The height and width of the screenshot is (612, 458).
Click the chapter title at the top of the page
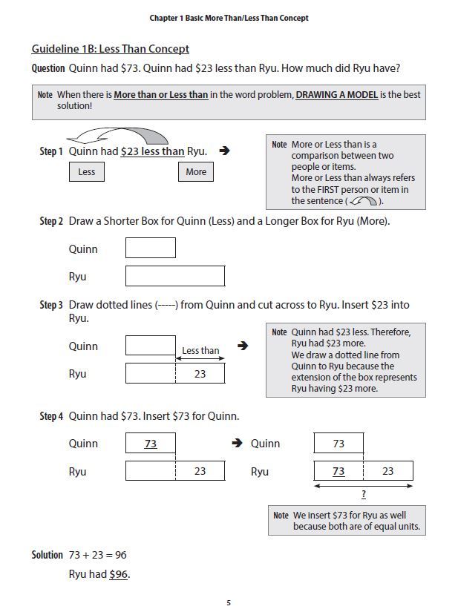pyautogui.click(x=229, y=18)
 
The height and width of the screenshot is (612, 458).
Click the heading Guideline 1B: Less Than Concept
pyautogui.click(x=110, y=49)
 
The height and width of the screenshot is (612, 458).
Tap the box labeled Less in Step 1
pyautogui.click(x=87, y=172)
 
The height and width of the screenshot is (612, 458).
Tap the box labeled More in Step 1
pyautogui.click(x=196, y=172)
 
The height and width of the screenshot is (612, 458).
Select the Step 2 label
pyautogui.click(x=51, y=221)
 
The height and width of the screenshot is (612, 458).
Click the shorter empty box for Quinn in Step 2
pyautogui.click(x=151, y=249)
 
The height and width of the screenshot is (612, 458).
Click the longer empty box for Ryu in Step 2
pyautogui.click(x=175, y=276)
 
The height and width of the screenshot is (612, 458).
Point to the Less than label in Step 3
pyautogui.click(x=200, y=351)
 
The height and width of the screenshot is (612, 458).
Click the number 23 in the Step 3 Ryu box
pyautogui.click(x=200, y=374)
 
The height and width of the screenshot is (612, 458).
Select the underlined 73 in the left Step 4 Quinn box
pyautogui.click(x=151, y=444)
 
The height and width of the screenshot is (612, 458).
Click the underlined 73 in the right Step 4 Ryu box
pyautogui.click(x=338, y=471)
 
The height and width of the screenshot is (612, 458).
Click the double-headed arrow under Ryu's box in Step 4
pyautogui.click(x=363, y=486)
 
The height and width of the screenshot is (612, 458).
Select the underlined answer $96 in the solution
pyautogui.click(x=119, y=574)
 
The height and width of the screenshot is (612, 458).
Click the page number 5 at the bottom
pyautogui.click(x=229, y=602)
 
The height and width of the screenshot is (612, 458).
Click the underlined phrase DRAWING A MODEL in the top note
pyautogui.click(x=336, y=95)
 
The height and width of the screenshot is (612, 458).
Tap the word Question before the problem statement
pyautogui.click(x=48, y=68)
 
